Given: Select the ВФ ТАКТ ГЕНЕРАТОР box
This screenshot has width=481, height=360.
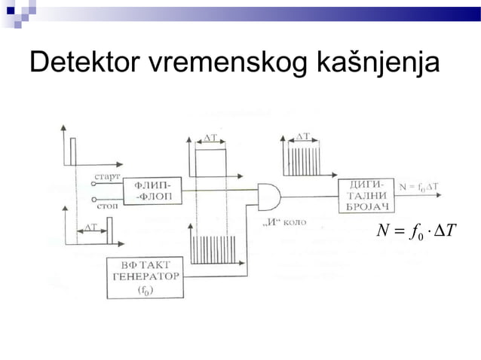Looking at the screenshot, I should click(143, 277).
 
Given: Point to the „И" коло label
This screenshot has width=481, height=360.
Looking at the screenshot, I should click(283, 224).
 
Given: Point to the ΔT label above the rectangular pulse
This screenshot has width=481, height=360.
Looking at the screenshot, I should click(211, 138).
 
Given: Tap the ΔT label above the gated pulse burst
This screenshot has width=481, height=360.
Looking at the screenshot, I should click(302, 136).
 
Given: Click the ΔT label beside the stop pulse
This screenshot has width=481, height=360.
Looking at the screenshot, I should click(90, 226).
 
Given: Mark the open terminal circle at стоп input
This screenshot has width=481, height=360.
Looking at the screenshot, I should click(93, 201).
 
